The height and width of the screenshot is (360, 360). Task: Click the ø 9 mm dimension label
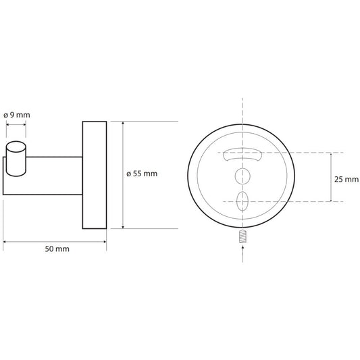17,115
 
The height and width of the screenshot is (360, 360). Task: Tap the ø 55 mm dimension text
142,174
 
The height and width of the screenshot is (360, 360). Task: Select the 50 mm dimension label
57,249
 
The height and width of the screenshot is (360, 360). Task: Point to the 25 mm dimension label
346,179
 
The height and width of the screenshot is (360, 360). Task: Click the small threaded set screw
242,236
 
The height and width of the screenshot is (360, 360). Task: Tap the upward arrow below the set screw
243,254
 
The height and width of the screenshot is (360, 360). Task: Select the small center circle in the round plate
242,176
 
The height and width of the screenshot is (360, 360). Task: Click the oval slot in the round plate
242,201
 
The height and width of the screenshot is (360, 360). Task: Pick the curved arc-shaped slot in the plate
242,154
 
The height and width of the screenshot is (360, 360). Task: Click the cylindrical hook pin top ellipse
16,147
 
